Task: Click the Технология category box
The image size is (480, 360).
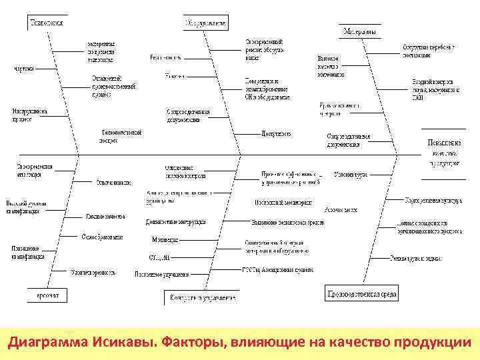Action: pos(46,22)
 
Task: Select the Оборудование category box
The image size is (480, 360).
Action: pos(205,23)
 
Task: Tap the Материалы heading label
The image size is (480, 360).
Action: pos(359,31)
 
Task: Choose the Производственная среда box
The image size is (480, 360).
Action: pos(362,293)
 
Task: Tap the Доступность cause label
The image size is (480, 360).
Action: pos(276,133)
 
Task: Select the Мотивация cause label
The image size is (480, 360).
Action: pos(165,239)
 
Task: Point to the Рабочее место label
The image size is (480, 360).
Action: pos(333,209)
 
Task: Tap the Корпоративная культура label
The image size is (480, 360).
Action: pos(433,199)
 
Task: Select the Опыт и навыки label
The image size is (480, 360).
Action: pos(113,181)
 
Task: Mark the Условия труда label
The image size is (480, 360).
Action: pos(351,175)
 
